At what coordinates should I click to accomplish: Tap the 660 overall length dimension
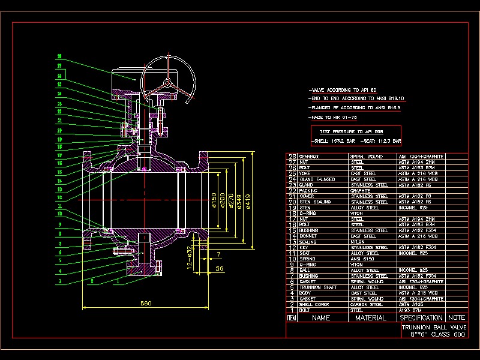click(x=146, y=304)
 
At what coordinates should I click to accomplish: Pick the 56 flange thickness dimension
click(x=219, y=269)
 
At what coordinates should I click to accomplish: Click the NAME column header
click(x=321, y=318)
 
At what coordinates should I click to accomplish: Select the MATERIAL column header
click(x=370, y=318)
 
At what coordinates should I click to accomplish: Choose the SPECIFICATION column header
click(x=421, y=318)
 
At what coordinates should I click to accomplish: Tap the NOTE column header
click(x=456, y=318)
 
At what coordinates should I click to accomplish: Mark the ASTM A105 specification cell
click(x=409, y=304)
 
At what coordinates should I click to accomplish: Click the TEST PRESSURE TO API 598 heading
click(x=351, y=131)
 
